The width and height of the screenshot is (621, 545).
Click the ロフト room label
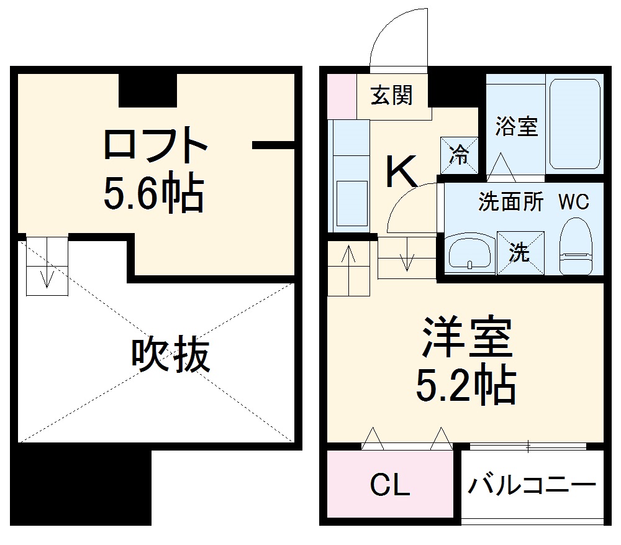[155, 145]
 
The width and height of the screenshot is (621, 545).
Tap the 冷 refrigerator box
[460, 155]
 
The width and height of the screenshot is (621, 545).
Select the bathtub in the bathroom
[574, 124]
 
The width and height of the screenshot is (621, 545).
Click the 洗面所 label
[510, 202]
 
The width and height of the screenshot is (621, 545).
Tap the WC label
[574, 202]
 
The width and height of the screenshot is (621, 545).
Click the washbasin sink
[469, 254]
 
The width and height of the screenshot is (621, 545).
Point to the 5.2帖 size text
[466, 385]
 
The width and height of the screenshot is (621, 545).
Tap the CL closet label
[390, 485]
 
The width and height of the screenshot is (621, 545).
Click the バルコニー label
[532, 484]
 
